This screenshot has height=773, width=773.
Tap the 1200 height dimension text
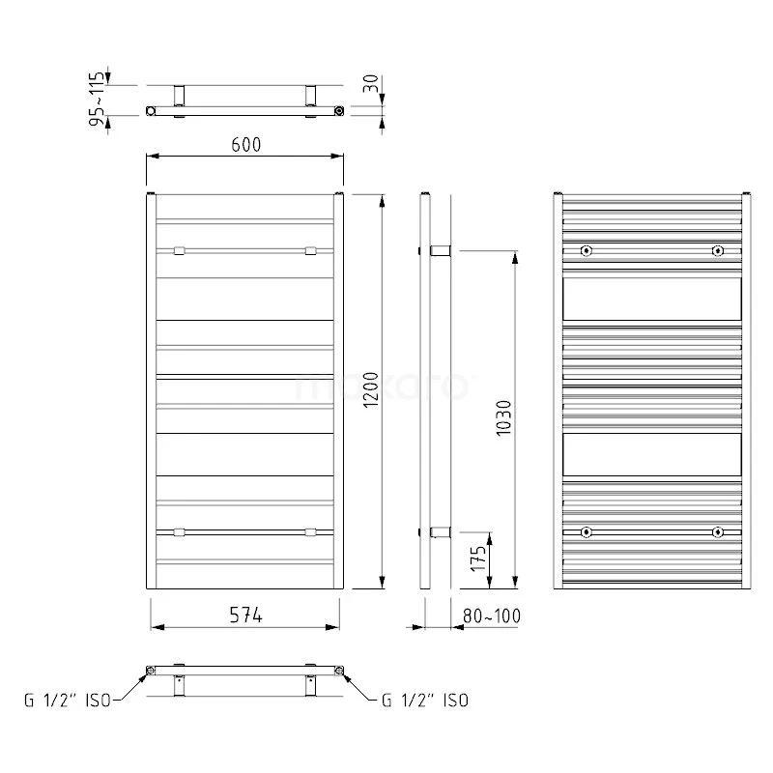click(x=369, y=390)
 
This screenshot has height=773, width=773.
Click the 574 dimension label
click(x=244, y=615)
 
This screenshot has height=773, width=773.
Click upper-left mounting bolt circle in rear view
click(x=587, y=251)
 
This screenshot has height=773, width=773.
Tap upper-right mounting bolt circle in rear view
click(x=717, y=251)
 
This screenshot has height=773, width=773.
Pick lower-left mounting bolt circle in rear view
click(x=587, y=532)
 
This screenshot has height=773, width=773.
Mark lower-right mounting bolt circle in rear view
click(x=717, y=532)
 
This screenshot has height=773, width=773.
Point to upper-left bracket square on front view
click(x=179, y=251)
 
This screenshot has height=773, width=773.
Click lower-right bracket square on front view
click(x=310, y=531)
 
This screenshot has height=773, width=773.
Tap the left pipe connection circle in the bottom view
click(x=150, y=669)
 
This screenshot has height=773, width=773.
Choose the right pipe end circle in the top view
click(x=339, y=111)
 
